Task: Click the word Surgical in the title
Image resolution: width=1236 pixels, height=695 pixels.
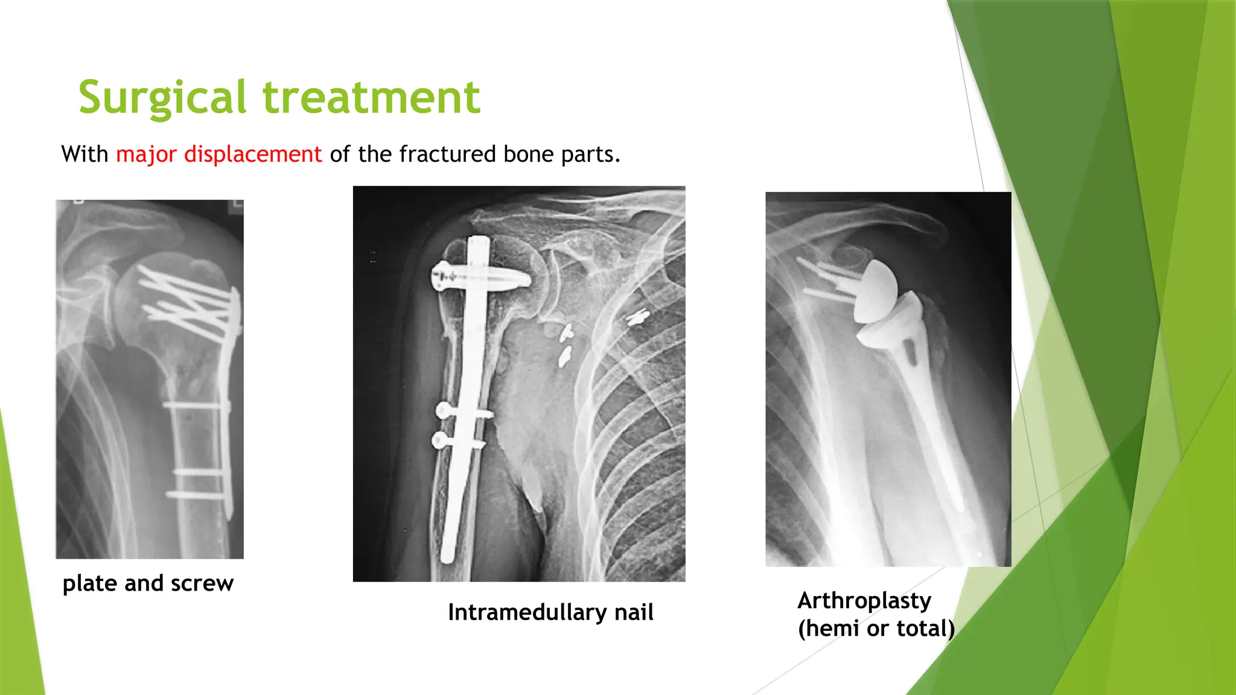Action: [x=162, y=98]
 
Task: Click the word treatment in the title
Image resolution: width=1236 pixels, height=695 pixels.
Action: [x=372, y=98]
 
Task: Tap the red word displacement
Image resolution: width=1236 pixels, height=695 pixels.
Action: [x=253, y=154]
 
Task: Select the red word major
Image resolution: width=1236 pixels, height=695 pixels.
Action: [x=146, y=154]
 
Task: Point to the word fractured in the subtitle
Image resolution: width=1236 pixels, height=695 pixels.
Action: [x=447, y=154]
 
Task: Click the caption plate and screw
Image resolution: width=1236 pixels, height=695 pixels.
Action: [x=148, y=583]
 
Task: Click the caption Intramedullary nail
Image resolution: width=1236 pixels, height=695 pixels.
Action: [x=550, y=612]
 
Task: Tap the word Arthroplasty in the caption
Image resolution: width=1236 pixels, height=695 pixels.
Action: [x=864, y=601]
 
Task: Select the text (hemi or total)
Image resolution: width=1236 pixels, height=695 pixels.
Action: [x=876, y=629]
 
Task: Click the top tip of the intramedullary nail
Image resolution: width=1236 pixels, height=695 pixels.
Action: [x=479, y=240]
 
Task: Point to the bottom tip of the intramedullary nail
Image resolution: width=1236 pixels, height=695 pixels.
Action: [x=447, y=558]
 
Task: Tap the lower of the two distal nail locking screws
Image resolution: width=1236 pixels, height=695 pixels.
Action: [x=457, y=442]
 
